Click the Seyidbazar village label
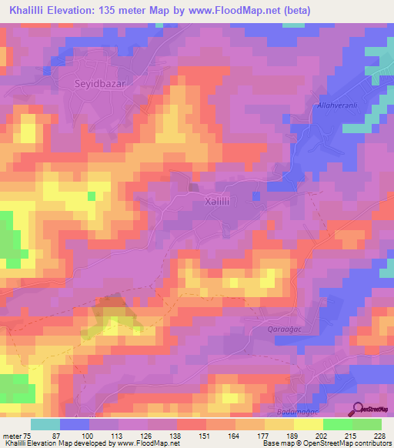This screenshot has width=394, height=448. [x=98, y=82]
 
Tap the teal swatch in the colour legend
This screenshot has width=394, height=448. [x=45, y=424]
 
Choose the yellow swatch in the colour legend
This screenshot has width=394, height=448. [x=308, y=424]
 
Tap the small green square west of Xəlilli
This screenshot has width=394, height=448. [x=92, y=196]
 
